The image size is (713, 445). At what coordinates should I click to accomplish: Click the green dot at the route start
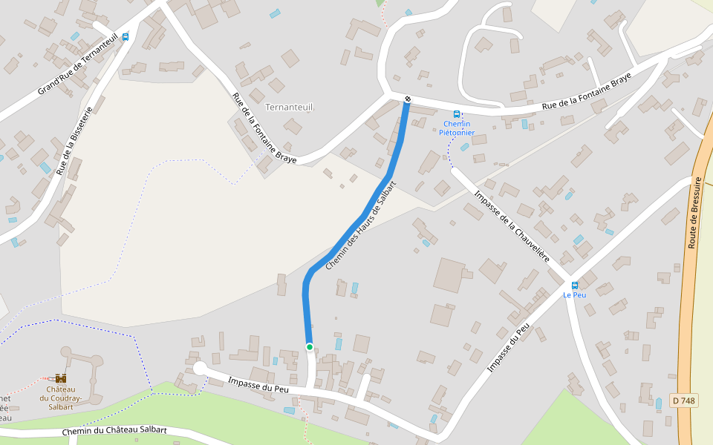pyautogui.click(x=310, y=346)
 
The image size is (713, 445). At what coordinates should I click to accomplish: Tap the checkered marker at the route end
pyautogui.click(x=408, y=99)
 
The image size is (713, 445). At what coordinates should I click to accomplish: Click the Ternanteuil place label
pyautogui.click(x=289, y=107)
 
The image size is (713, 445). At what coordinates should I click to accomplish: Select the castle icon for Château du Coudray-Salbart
pyautogui.click(x=60, y=378)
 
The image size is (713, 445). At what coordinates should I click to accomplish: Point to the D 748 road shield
pyautogui.click(x=683, y=400)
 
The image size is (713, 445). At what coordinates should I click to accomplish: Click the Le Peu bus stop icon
pyautogui.click(x=574, y=286)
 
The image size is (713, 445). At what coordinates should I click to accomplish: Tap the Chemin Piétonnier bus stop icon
pyautogui.click(x=457, y=114)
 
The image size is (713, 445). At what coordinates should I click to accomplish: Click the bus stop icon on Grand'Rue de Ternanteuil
pyautogui.click(x=125, y=36)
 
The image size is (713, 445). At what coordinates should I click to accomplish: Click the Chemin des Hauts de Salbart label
pyautogui.click(x=362, y=225)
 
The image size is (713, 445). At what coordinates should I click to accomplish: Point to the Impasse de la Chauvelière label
pyautogui.click(x=512, y=226)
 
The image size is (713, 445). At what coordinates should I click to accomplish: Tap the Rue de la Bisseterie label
pyautogui.click(x=74, y=141)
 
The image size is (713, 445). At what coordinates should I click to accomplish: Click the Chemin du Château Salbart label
pyautogui.click(x=114, y=431)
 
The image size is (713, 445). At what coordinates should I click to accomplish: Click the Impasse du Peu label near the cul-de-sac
pyautogui.click(x=258, y=383)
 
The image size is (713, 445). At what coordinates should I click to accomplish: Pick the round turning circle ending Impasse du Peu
pyautogui.click(x=199, y=369)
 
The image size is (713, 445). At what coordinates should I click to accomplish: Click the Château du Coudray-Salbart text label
pyautogui.click(x=60, y=398)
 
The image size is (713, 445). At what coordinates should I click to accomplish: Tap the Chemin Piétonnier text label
pyautogui.click(x=457, y=128)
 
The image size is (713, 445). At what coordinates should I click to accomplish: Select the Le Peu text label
pyautogui.click(x=574, y=295)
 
